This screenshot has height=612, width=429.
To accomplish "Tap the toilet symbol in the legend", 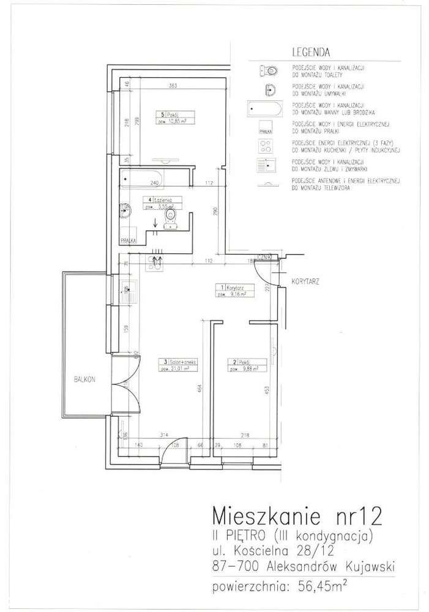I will tap(267, 70).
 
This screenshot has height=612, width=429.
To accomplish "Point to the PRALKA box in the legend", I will tap(265, 129).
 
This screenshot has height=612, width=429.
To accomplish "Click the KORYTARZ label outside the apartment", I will tap(304, 283).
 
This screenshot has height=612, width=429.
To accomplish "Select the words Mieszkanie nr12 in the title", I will tap(297, 514).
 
